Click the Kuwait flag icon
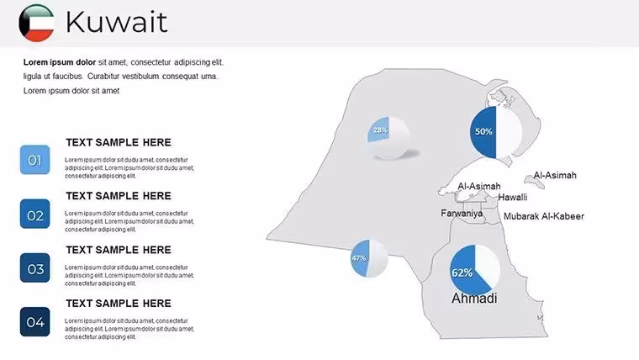36,23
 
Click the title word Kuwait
117,22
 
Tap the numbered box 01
35,160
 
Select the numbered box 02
35,214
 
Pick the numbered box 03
35,267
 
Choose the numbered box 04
35,321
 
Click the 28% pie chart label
380,130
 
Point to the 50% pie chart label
483,132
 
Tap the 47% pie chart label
359,258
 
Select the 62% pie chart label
462,273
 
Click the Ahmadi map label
474,298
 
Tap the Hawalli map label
513,198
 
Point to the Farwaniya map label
462,214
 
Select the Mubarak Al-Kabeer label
544,216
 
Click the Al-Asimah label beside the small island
555,175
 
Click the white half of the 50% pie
509,132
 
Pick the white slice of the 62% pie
488,265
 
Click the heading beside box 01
119,142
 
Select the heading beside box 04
119,304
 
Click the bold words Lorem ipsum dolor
60,62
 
